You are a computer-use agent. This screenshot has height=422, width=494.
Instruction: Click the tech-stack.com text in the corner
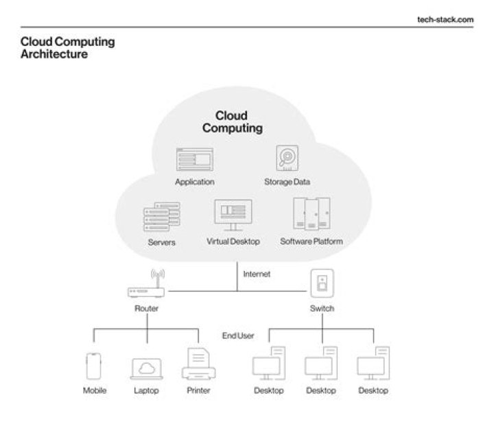445,19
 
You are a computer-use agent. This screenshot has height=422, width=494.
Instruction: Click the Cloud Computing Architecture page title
68,48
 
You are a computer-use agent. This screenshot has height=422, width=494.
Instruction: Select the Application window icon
194,159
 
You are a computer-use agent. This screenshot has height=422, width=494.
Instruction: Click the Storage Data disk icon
287,158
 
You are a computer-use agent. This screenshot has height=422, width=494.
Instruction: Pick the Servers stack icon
161,218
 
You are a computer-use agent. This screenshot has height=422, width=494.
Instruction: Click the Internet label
257,274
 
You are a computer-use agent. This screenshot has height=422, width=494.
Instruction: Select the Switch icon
322,284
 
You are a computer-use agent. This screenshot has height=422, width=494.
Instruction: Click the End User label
238,336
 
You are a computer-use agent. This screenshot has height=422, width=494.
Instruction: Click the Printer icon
198,365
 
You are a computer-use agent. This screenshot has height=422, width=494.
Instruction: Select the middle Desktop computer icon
321,366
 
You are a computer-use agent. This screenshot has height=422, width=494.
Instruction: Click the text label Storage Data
287,182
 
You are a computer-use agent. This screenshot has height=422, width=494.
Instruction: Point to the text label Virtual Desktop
233,242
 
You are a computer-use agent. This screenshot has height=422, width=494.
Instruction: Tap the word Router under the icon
147,309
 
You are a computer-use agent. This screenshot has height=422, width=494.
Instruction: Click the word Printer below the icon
198,390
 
